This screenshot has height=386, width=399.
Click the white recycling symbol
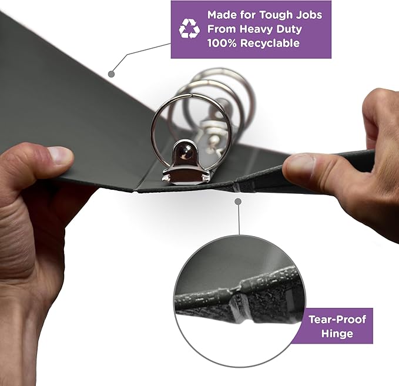189,29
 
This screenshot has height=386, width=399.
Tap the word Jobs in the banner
309,15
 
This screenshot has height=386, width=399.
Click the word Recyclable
270,43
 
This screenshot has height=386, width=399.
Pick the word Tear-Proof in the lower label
337,320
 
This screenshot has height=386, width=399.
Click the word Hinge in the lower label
337,333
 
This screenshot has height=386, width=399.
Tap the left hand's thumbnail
61,155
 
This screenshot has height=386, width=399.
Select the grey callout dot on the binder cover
111,74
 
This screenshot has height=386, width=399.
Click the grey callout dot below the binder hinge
238,202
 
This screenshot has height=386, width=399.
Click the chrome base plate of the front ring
186,176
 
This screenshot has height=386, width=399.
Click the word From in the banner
222,29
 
